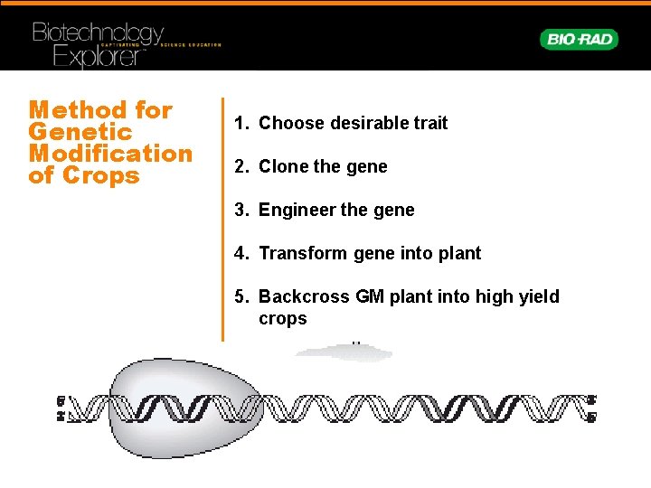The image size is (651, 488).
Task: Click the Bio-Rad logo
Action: [579, 39]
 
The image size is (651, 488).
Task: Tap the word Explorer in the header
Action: [98, 57]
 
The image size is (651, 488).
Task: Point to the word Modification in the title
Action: [110, 154]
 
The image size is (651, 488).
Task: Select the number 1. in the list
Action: [241, 123]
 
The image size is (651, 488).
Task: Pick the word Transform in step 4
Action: [297, 253]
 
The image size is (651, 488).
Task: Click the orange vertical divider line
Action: [222, 217]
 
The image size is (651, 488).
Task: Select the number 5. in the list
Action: [241, 296]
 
